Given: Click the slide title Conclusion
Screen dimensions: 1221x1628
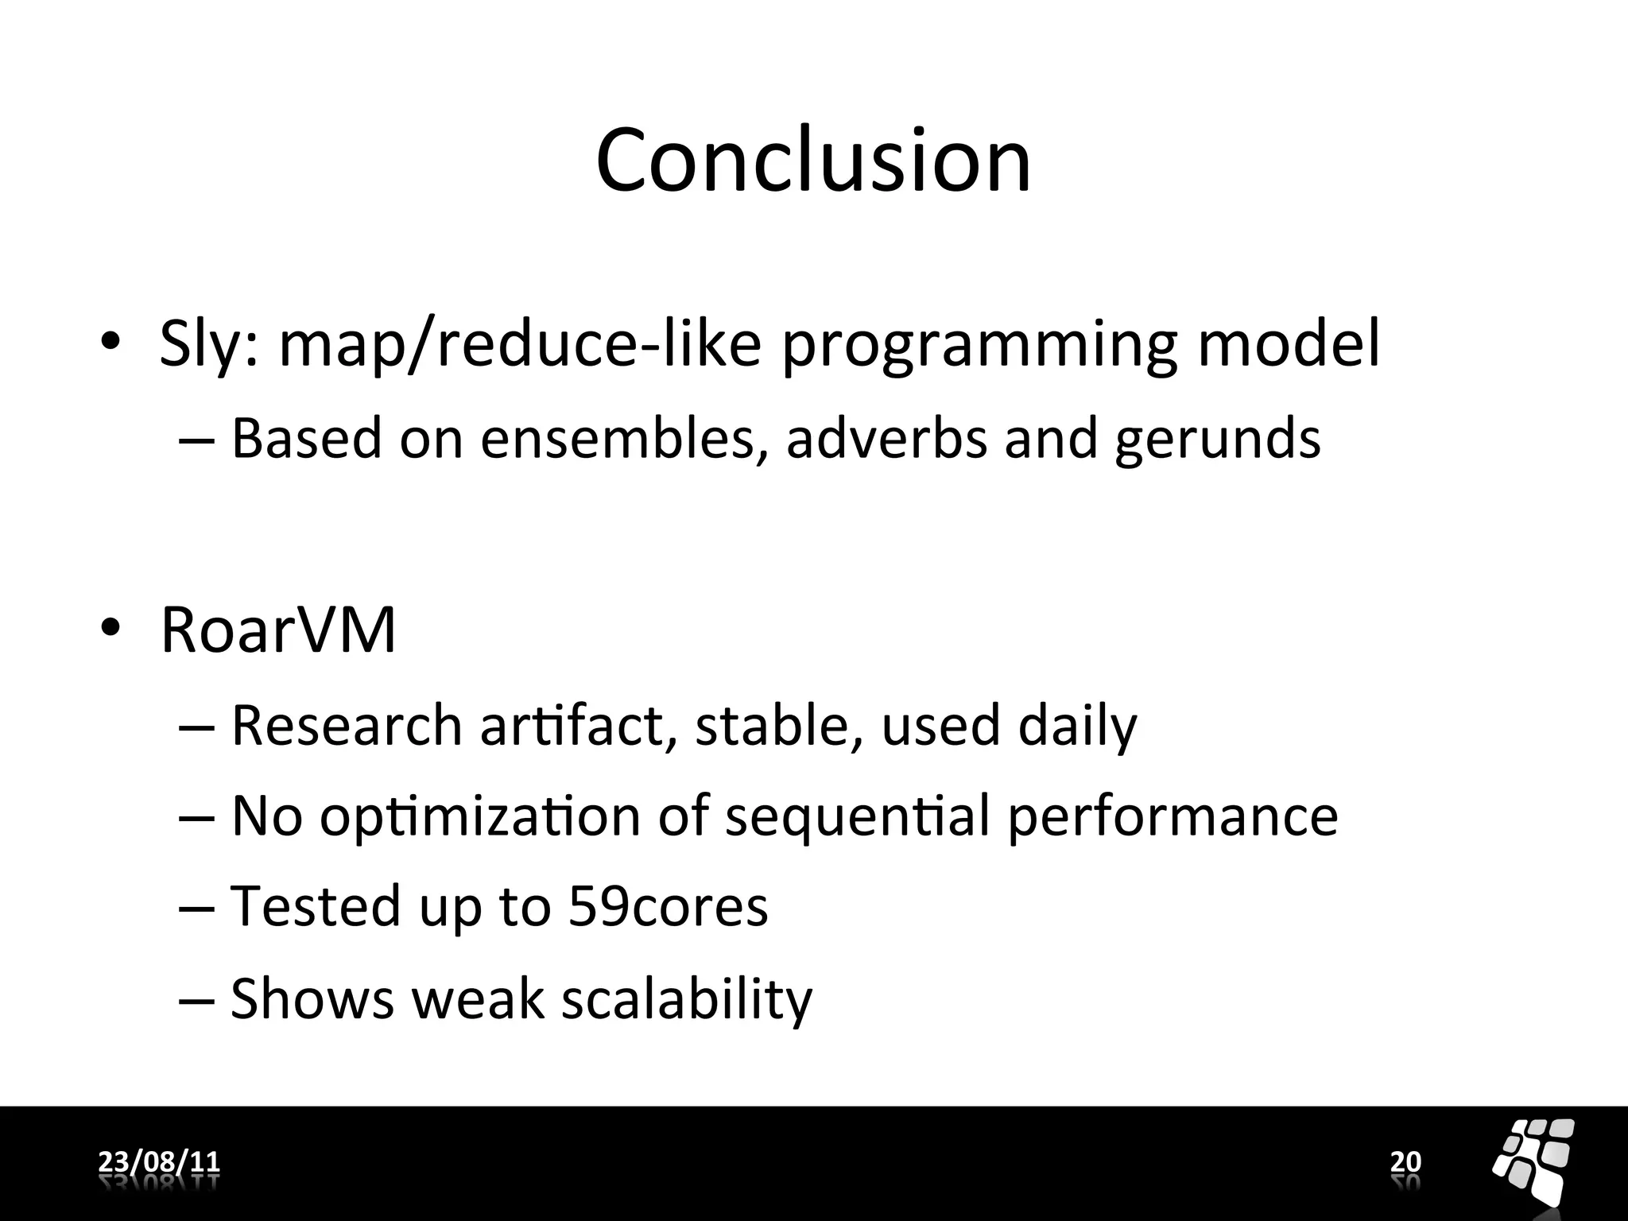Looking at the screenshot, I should tap(813, 161).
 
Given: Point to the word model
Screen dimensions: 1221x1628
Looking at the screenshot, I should tap(1289, 343).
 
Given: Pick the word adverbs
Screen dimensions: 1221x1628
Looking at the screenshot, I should tap(886, 438).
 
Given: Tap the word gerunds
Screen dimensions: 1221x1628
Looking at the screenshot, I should tap(1217, 440).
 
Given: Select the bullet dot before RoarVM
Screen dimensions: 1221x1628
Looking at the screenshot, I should tap(110, 629).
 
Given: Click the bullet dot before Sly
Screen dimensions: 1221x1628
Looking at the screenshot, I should tap(110, 343).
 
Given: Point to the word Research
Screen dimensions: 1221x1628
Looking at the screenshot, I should tap(347, 725).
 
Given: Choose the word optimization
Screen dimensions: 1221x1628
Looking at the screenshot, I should tap(480, 817).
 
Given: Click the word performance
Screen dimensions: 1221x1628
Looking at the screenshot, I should tap(1173, 817).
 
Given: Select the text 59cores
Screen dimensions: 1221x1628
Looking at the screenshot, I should tap(668, 906).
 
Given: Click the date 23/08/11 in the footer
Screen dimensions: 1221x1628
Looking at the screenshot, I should tap(159, 1161).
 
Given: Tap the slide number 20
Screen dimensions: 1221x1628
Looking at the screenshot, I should tap(1405, 1161).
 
